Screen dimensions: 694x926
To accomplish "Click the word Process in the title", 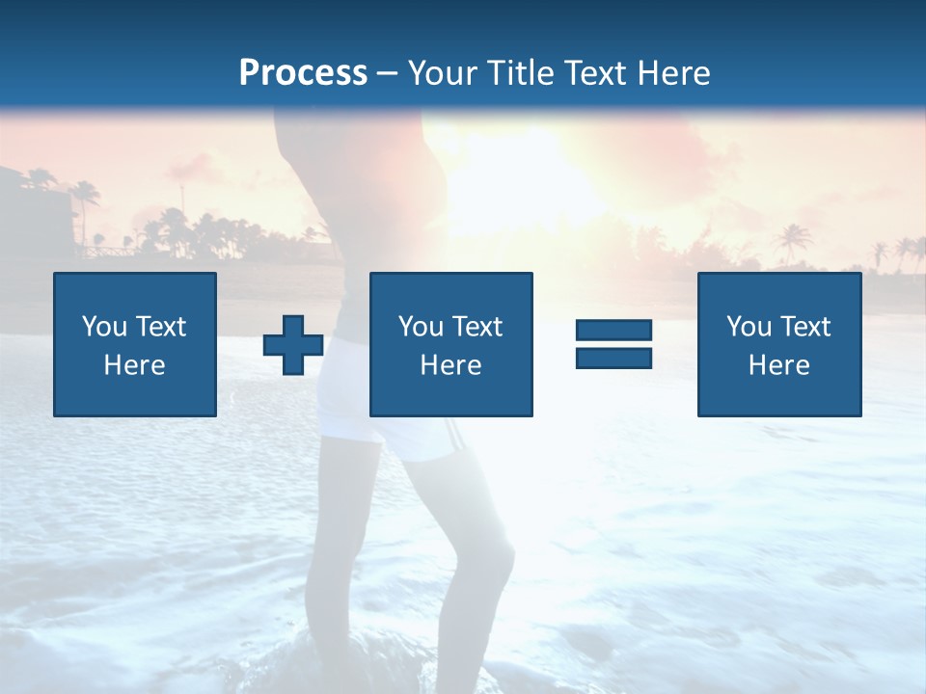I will pyautogui.click(x=303, y=73).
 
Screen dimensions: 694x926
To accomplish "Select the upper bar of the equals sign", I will pyautogui.click(x=613, y=330).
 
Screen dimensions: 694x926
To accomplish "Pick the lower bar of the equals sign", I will pyautogui.click(x=613, y=358).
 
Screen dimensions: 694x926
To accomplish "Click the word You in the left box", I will pyautogui.click(x=104, y=327).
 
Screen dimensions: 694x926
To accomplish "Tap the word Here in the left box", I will pyautogui.click(x=134, y=365).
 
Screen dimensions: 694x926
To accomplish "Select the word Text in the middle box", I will pyautogui.click(x=477, y=327).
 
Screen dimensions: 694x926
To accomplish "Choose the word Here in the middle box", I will pyautogui.click(x=450, y=365).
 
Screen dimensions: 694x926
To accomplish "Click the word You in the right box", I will pyautogui.click(x=749, y=327).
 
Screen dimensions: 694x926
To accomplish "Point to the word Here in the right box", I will pyautogui.click(x=778, y=365).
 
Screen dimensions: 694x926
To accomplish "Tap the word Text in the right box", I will pyautogui.click(x=805, y=327).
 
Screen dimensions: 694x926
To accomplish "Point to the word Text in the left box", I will pyautogui.click(x=161, y=327).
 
